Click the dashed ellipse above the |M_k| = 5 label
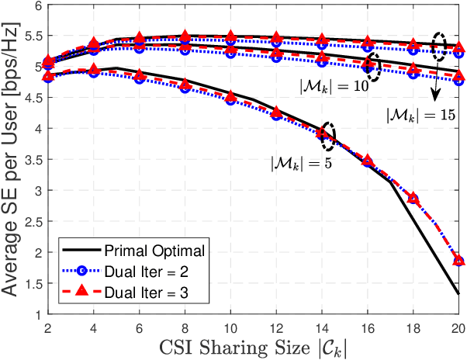[328, 135]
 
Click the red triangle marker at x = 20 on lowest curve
[458, 261]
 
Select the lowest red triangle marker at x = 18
[413, 199]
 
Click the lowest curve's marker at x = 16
[367, 161]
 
